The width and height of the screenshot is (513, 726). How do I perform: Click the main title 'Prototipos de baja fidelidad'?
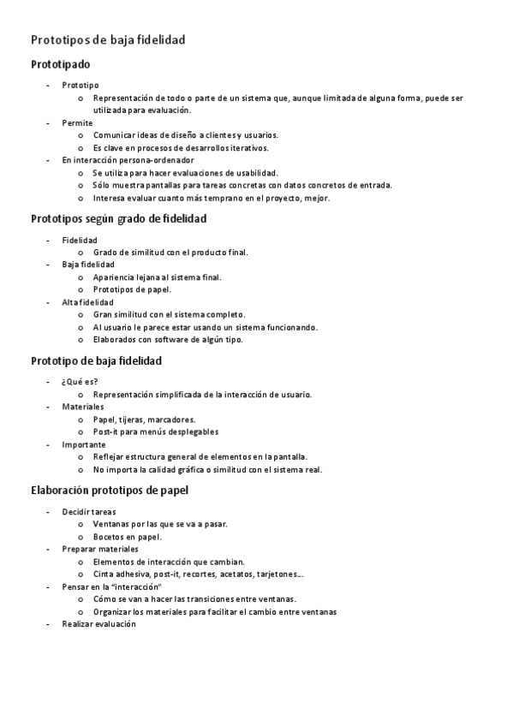point(108,40)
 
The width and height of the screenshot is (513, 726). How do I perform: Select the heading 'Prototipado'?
point(60,64)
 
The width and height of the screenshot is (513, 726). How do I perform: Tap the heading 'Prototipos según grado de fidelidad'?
point(118,218)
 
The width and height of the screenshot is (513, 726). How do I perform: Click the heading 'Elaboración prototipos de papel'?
point(110,491)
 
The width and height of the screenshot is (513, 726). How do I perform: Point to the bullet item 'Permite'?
point(77,122)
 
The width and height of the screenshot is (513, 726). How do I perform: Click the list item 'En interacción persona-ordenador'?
point(128,159)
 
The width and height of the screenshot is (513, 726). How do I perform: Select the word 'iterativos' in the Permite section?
point(248,147)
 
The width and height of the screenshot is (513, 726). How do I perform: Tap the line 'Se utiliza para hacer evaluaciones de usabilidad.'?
point(186,172)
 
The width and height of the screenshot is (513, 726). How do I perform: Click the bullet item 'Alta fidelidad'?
point(87,302)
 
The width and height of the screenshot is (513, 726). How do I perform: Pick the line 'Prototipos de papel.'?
point(132,289)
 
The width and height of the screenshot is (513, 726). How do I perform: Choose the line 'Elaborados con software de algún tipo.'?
point(168,339)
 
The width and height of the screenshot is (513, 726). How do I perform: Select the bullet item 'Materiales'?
point(82,407)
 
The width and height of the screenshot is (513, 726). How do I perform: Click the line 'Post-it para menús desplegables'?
point(156,431)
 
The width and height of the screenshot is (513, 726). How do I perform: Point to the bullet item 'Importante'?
point(84,444)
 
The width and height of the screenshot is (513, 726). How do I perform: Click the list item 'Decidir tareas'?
point(89,511)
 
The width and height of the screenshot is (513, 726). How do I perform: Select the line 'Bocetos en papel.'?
point(128,537)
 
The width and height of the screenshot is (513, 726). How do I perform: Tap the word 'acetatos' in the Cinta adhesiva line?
point(236,574)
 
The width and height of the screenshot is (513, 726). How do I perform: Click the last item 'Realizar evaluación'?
point(98,624)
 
